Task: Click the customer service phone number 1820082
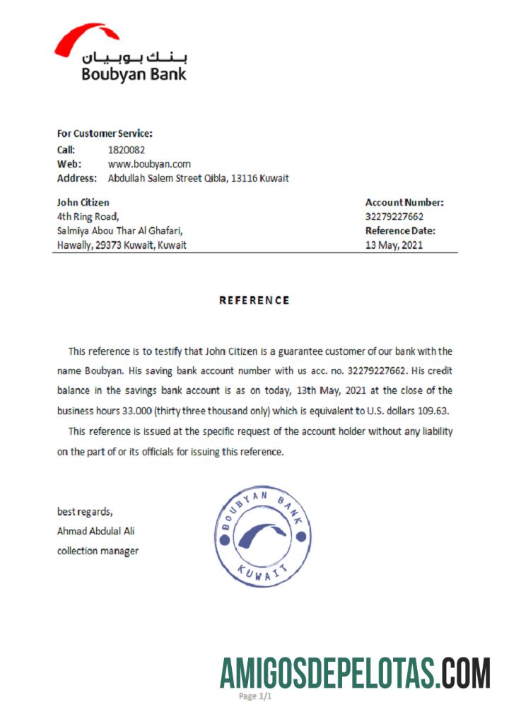[126, 150]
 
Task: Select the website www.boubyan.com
[149, 164]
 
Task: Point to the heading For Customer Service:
[105, 133]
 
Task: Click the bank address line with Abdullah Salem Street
[198, 178]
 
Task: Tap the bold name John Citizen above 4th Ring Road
[83, 202]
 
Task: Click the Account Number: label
[404, 202]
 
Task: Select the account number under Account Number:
[394, 216]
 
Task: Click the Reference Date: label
[400, 230]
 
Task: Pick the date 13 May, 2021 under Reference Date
[393, 245]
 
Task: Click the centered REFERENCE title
[255, 300]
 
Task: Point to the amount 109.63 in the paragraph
[435, 410]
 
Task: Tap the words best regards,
[84, 511]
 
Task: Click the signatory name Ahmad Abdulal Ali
[95, 531]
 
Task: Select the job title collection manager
[98, 551]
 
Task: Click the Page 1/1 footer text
[255, 696]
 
